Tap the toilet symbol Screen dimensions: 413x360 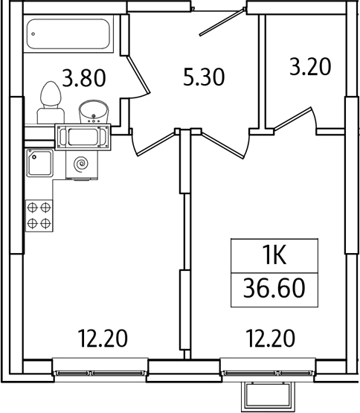tap(49, 100)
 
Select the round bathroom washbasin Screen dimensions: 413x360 tap(94, 111)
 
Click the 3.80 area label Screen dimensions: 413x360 tap(83, 77)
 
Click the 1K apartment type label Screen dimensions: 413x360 tap(274, 257)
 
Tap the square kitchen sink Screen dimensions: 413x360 tap(40, 163)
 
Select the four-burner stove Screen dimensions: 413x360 tap(39, 215)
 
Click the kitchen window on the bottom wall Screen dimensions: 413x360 tap(101, 368)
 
